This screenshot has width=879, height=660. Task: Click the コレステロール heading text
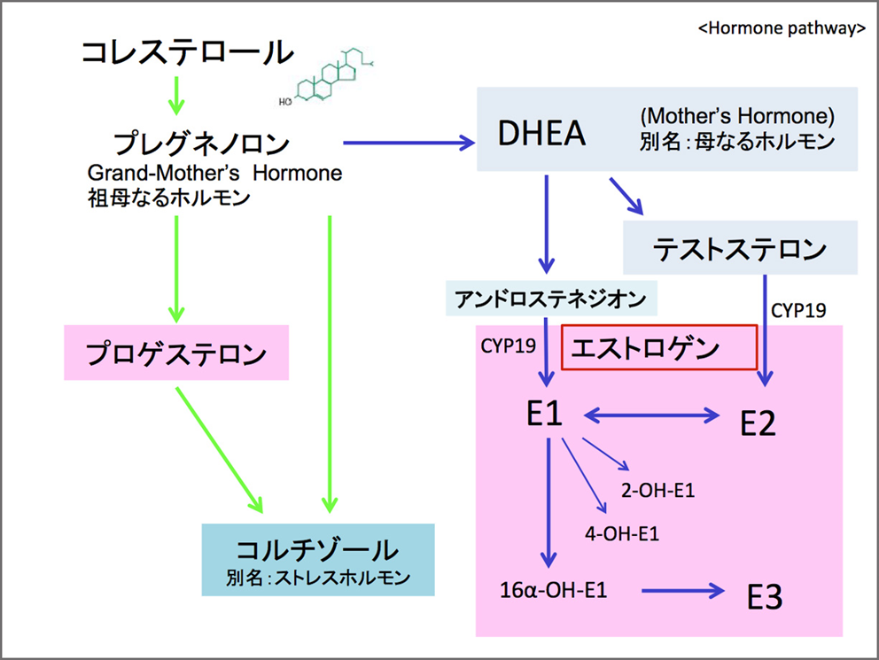tap(188, 52)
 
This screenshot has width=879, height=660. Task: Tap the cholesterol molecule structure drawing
tap(326, 77)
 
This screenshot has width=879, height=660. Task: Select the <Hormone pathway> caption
tap(782, 28)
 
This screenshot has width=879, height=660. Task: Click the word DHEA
tap(541, 134)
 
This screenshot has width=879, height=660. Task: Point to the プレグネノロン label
tap(202, 144)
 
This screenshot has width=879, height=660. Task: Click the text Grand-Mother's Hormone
tap(214, 173)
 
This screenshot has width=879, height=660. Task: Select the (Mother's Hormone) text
tap(737, 116)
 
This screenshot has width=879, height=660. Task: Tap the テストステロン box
tap(740, 248)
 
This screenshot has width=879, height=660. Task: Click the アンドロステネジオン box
tap(551, 298)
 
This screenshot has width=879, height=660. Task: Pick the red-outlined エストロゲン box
tap(659, 347)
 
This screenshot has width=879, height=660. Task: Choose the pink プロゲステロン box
tap(176, 353)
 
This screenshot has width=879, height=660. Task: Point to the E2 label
tap(758, 423)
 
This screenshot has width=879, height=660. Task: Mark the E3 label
tap(765, 596)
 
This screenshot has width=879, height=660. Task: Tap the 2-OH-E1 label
tap(657, 490)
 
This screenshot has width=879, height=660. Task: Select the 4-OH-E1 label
tap(622, 533)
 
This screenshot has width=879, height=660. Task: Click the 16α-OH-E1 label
tap(553, 590)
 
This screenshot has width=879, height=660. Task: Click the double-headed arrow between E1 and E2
tap(651, 415)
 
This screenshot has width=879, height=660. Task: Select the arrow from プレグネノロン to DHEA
tap(409, 143)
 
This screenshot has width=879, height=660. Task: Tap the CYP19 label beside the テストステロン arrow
tap(798, 310)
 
